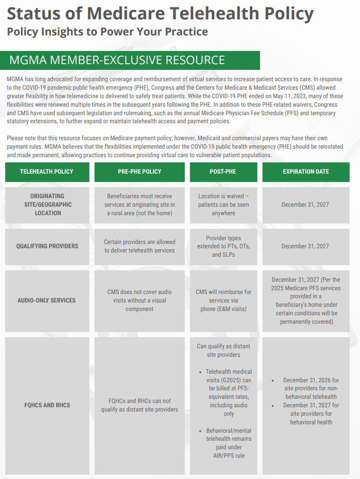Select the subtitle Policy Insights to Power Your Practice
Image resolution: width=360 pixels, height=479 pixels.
(107, 32)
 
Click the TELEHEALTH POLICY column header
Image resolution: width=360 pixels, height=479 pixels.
(47, 172)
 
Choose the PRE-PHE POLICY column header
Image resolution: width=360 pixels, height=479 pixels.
(140, 172)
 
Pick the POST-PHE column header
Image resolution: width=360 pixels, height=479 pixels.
(223, 172)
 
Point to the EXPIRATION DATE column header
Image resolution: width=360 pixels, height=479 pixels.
(306, 172)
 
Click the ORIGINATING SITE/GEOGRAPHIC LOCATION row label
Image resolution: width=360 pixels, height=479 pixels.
(47, 205)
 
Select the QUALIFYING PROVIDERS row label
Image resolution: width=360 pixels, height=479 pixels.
(47, 246)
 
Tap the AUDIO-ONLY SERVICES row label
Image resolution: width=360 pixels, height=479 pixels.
(47, 300)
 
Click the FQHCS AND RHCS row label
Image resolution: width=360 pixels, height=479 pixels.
(47, 405)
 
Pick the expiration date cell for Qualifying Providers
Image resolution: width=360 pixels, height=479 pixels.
(305, 246)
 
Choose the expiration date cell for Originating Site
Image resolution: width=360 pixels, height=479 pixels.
(305, 205)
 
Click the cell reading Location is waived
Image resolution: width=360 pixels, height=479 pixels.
(223, 205)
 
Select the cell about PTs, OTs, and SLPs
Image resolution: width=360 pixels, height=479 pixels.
(223, 246)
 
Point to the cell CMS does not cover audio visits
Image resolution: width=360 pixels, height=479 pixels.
(140, 300)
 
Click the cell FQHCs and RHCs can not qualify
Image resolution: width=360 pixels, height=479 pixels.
(140, 405)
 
